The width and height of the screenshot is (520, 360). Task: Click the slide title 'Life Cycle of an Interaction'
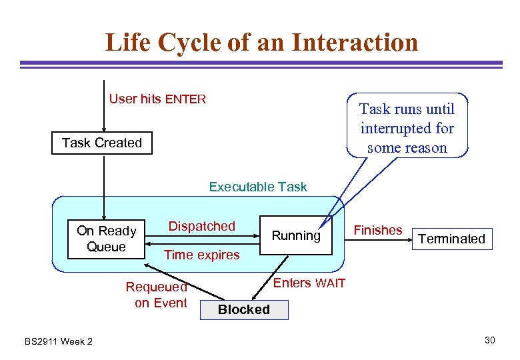[x=261, y=43]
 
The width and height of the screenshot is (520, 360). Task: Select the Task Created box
[x=102, y=143]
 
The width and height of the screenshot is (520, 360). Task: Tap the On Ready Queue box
[x=107, y=239]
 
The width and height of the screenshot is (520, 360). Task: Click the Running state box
[x=296, y=236]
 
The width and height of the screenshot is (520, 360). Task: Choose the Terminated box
[x=451, y=239]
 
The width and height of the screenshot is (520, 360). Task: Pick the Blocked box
[x=244, y=310]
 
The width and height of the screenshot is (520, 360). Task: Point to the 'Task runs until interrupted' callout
[x=407, y=128]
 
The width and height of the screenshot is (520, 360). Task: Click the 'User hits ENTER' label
[x=157, y=99]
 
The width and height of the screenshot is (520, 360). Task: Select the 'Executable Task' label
[x=258, y=187]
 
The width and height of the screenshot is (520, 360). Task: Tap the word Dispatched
[x=201, y=226]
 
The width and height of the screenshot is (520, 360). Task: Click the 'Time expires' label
[x=201, y=255]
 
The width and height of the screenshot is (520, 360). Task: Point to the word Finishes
[x=377, y=230]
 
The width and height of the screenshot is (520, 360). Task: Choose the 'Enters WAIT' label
[x=309, y=283]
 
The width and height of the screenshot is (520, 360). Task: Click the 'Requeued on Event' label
[x=157, y=295]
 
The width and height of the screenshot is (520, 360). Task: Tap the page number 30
[x=490, y=341]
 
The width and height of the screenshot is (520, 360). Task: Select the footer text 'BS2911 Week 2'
[x=59, y=341]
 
